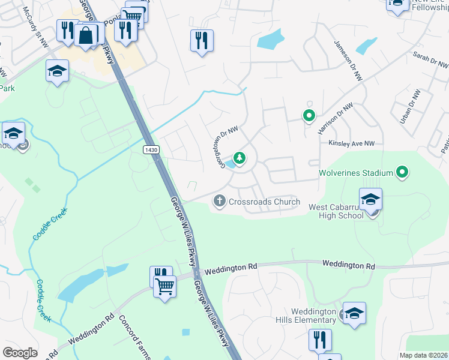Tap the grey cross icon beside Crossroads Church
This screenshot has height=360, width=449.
pyautogui.click(x=220, y=202)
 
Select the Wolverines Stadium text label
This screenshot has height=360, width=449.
pyautogui.click(x=355, y=173)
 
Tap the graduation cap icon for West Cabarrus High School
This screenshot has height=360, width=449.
pyautogui.click(x=371, y=199)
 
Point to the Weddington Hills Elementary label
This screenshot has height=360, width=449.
pyautogui.click(x=313, y=316)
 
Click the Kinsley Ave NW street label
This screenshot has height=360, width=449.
pyautogui.click(x=351, y=143)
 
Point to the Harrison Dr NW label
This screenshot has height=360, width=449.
pyautogui.click(x=334, y=116)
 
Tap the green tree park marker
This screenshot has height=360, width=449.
pyautogui.click(x=240, y=158)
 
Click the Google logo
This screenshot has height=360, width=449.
pyautogui.click(x=20, y=352)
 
